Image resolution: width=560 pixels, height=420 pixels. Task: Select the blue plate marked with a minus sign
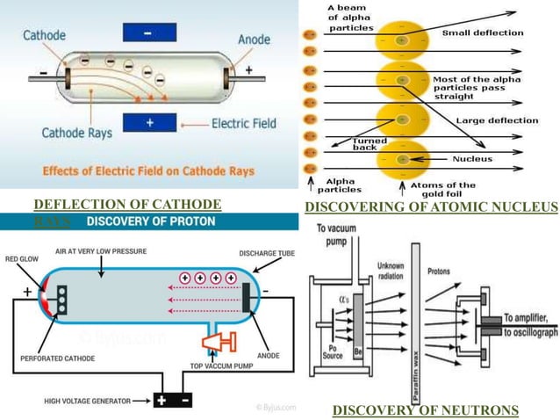[148, 31]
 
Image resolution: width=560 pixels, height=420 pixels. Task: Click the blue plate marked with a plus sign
[148, 124]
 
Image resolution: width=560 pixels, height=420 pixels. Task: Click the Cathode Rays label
[75, 134]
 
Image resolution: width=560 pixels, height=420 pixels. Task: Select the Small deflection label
[482, 33]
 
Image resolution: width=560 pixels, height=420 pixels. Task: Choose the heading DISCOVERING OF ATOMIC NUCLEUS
[431, 207]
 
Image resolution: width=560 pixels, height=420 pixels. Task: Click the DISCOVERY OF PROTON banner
[149, 221]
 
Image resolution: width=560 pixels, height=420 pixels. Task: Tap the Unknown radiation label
[390, 271]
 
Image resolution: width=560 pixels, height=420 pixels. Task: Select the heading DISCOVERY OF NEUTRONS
[425, 409]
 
